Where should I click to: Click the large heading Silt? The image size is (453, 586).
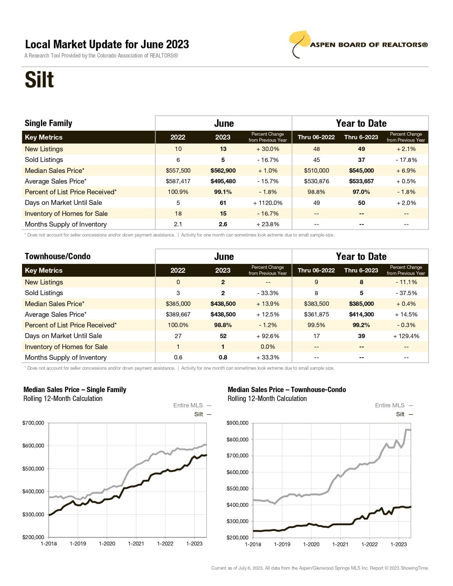(39, 80)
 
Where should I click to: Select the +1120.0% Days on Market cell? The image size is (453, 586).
(268, 203)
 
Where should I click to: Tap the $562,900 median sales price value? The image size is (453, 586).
(223, 170)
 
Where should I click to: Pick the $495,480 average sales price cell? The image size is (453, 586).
(223, 181)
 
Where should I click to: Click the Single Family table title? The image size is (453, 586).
(48, 123)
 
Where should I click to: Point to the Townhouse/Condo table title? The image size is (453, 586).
(58, 256)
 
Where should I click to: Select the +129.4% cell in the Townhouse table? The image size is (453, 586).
(406, 336)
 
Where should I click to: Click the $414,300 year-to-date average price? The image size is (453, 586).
(361, 314)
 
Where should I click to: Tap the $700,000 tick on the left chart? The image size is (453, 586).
(33, 423)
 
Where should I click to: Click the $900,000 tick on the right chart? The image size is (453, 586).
(237, 423)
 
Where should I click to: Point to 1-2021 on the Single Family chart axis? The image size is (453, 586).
(136, 544)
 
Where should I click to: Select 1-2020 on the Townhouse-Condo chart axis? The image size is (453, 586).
(311, 544)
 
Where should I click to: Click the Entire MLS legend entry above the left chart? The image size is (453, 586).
(188, 405)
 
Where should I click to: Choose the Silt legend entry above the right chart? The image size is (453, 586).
(400, 414)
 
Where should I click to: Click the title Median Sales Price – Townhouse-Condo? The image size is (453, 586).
(287, 390)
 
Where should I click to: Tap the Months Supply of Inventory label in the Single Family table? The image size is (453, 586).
(66, 224)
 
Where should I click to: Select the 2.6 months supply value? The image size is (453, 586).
(223, 224)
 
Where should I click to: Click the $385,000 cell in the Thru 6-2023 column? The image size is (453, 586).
(361, 304)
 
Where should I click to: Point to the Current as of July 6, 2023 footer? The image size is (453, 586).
(320, 568)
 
